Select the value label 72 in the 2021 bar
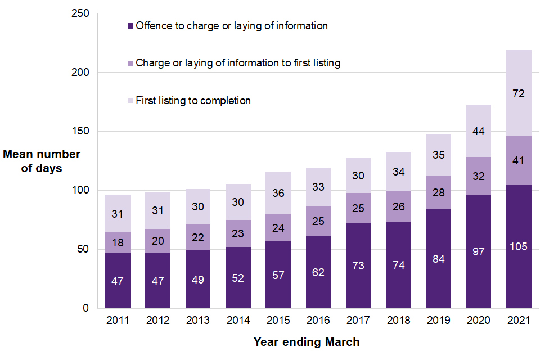click(x=519, y=94)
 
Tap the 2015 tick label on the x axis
click(x=278, y=321)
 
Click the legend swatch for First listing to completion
click(x=130, y=101)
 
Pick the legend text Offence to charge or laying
click(x=231, y=26)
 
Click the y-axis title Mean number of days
click(x=42, y=161)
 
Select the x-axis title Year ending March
click(x=307, y=342)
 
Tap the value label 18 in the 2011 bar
click(x=118, y=242)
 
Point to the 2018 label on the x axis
click(x=398, y=321)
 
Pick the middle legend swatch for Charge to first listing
click(x=130, y=64)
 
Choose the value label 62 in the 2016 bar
click(x=318, y=272)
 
